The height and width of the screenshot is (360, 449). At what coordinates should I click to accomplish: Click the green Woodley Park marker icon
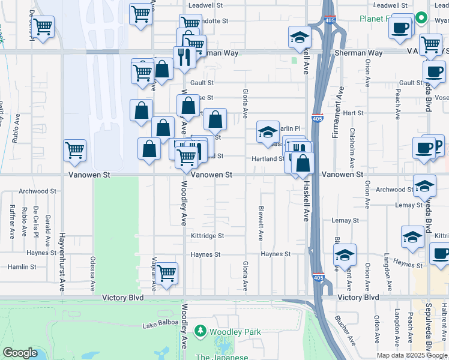pos(200,331)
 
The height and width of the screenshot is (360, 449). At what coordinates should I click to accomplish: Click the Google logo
pos(20,353)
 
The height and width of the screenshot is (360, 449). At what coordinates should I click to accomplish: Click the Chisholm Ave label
pos(352,145)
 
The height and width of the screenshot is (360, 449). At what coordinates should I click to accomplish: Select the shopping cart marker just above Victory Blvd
pos(167,273)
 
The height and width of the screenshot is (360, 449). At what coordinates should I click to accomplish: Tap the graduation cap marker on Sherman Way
pos(299,37)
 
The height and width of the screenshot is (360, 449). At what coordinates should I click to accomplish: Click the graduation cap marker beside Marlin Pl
pos(268,132)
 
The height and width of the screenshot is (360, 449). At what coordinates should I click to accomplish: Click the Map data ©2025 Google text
pos(412,355)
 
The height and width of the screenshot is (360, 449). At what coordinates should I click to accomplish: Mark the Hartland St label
pos(268,159)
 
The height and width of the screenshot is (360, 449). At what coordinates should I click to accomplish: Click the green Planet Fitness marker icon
pos(421,18)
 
